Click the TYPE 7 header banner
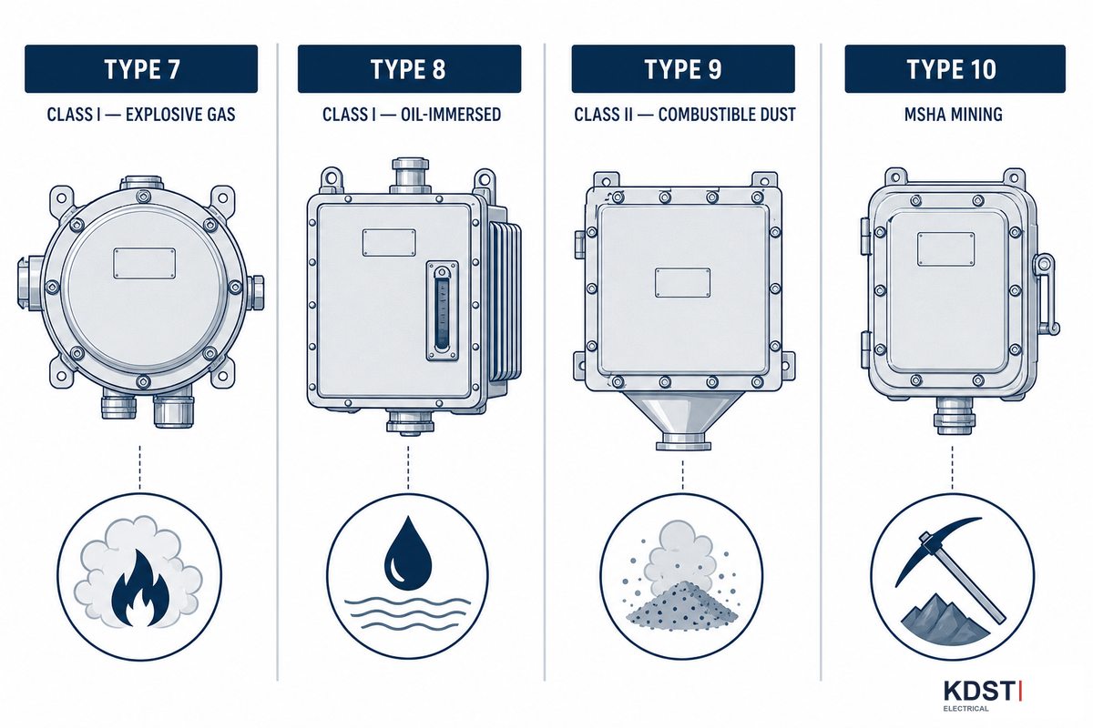pyautogui.click(x=141, y=69)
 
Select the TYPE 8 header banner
pyautogui.click(x=409, y=69)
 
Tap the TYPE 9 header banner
pyautogui.click(x=683, y=69)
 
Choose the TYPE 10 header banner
pyautogui.click(x=955, y=69)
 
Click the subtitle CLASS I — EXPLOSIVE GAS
pyautogui.click(x=141, y=115)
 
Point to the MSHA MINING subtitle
pyautogui.click(x=954, y=115)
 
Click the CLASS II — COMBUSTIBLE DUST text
pyautogui.click(x=685, y=115)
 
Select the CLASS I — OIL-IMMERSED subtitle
pyautogui.click(x=412, y=115)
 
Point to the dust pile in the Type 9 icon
pyautogui.click(x=681, y=605)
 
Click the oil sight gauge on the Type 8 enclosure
pyautogui.click(x=442, y=310)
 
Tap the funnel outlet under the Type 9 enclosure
pyautogui.click(x=684, y=420)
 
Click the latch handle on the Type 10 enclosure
pyautogui.click(x=1046, y=294)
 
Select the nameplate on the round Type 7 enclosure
pyautogui.click(x=145, y=263)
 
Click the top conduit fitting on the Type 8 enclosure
pyautogui.click(x=411, y=176)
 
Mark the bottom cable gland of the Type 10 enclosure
pyautogui.click(x=954, y=415)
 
